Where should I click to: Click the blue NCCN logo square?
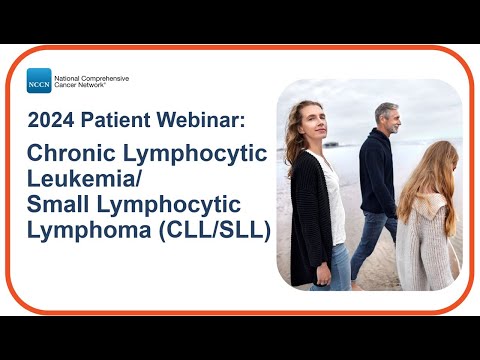tap(39, 81)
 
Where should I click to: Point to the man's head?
tap(385, 117)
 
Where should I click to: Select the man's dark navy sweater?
tap(378, 175)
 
